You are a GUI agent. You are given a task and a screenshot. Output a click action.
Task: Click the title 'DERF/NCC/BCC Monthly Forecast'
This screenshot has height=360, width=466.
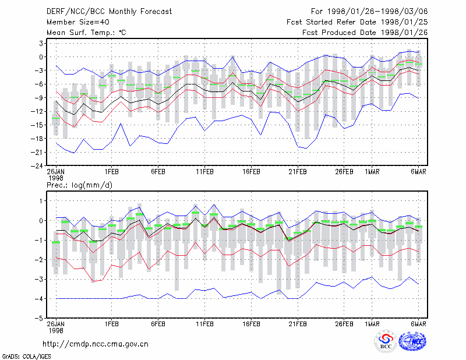point(109,12)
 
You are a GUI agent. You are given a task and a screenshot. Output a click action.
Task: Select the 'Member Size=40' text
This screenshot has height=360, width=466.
point(78,22)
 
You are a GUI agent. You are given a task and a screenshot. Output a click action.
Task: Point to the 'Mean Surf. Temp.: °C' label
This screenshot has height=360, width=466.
point(86,33)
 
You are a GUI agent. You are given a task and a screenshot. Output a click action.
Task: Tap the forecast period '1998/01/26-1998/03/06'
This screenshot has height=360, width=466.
point(377,12)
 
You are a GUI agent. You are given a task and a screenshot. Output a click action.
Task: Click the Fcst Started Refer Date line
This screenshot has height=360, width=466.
point(357,22)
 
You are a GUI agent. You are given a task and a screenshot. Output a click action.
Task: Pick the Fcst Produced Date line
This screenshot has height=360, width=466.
point(365,33)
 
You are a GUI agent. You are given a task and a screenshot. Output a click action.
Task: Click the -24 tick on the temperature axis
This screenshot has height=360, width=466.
point(37,166)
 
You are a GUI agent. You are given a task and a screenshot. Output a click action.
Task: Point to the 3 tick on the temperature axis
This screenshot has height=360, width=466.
point(41,44)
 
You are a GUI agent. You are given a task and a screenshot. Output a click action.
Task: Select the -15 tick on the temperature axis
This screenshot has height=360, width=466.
point(37,125)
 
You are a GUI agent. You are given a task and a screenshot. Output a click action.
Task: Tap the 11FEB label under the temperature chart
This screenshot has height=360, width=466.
point(204,172)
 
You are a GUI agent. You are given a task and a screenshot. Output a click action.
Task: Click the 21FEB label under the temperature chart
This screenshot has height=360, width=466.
point(298,172)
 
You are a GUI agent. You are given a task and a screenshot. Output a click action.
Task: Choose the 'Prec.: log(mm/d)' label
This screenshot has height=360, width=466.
point(79,185)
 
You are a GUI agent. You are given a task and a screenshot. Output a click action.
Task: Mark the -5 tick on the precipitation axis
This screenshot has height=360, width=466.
point(38,319)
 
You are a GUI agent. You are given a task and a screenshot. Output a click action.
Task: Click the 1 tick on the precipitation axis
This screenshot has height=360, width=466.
point(41,201)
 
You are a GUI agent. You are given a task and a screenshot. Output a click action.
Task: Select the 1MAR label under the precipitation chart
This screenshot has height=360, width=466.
point(372,324)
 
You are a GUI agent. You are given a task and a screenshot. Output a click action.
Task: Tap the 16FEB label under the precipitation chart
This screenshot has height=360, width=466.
point(251,324)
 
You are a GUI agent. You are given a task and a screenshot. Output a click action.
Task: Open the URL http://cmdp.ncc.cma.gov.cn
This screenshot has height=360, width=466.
point(96,344)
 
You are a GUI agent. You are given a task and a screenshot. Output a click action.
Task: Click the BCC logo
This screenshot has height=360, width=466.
point(386,342)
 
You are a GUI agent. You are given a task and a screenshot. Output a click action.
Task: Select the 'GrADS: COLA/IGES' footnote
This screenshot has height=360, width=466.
point(26,357)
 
